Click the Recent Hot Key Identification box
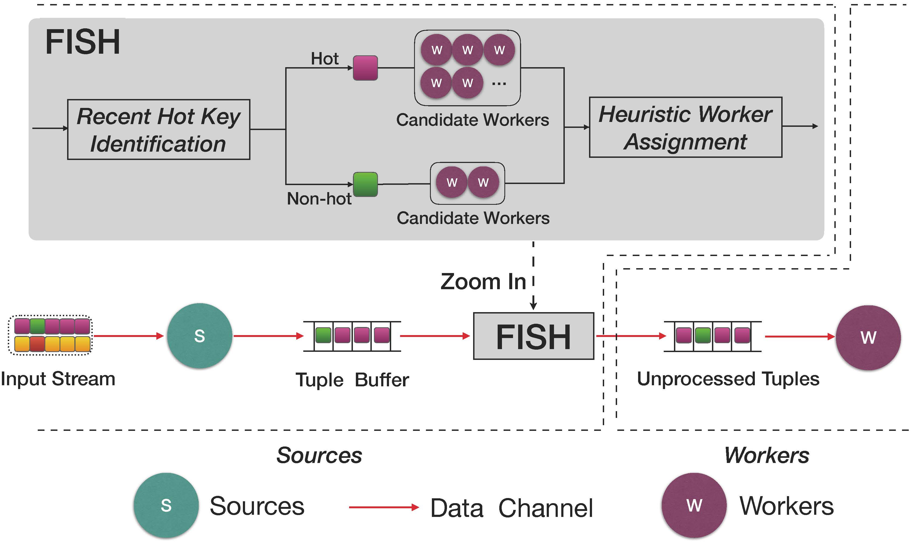click(159, 129)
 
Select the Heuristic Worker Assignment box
click(685, 127)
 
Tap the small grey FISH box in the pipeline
click(533, 336)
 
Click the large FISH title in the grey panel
click(82, 42)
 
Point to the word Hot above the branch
click(324, 59)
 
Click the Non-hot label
click(319, 199)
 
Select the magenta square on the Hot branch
click(365, 68)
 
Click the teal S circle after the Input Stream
click(199, 336)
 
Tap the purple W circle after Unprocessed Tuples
click(868, 338)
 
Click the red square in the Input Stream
click(37, 344)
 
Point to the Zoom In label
click(483, 282)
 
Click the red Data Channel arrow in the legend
click(383, 507)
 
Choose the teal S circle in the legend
click(166, 506)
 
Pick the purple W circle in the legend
click(694, 506)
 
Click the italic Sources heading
click(319, 455)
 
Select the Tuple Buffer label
click(352, 380)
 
